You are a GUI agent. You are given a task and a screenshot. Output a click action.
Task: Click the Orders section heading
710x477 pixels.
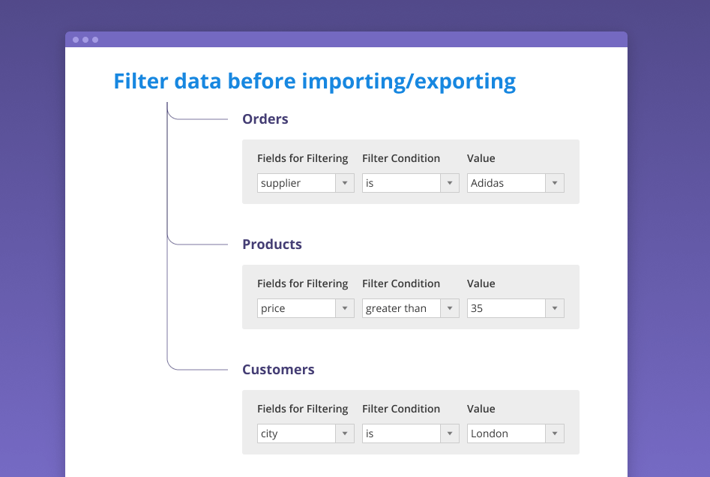(265, 119)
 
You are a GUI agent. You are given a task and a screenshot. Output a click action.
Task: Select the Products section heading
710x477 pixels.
(271, 244)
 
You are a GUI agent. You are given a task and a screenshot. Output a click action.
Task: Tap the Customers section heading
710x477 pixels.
(278, 370)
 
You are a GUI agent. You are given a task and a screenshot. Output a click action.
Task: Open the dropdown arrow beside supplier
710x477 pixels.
(345, 183)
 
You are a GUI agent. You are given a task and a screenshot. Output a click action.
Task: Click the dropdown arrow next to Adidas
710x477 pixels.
(555, 183)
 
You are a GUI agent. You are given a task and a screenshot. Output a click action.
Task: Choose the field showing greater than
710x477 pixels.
(411, 308)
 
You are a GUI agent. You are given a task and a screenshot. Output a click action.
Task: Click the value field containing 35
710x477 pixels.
(516, 308)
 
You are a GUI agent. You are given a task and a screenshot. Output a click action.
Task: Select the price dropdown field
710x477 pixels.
(306, 308)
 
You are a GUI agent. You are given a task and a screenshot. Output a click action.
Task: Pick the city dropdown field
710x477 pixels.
(306, 433)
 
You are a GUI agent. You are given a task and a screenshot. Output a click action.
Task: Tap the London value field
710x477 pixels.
(516, 433)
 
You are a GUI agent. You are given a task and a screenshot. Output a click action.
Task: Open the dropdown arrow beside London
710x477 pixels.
(555, 433)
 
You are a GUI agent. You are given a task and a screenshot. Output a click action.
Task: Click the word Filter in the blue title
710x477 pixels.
(141, 82)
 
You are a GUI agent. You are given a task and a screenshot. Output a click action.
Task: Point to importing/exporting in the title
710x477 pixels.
(409, 82)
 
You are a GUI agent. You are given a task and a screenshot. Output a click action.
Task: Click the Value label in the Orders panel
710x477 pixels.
(481, 158)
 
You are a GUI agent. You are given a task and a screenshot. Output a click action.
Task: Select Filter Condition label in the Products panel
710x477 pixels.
(400, 283)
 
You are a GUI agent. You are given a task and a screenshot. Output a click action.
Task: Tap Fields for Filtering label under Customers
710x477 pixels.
(302, 409)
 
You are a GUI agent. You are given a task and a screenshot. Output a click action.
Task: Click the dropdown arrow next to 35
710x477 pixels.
(555, 308)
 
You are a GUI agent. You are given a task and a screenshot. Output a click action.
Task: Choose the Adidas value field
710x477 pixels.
(516, 183)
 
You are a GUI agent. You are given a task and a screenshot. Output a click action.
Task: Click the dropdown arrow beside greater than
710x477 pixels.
(450, 308)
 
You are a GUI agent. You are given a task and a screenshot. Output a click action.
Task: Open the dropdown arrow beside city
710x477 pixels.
(345, 433)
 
